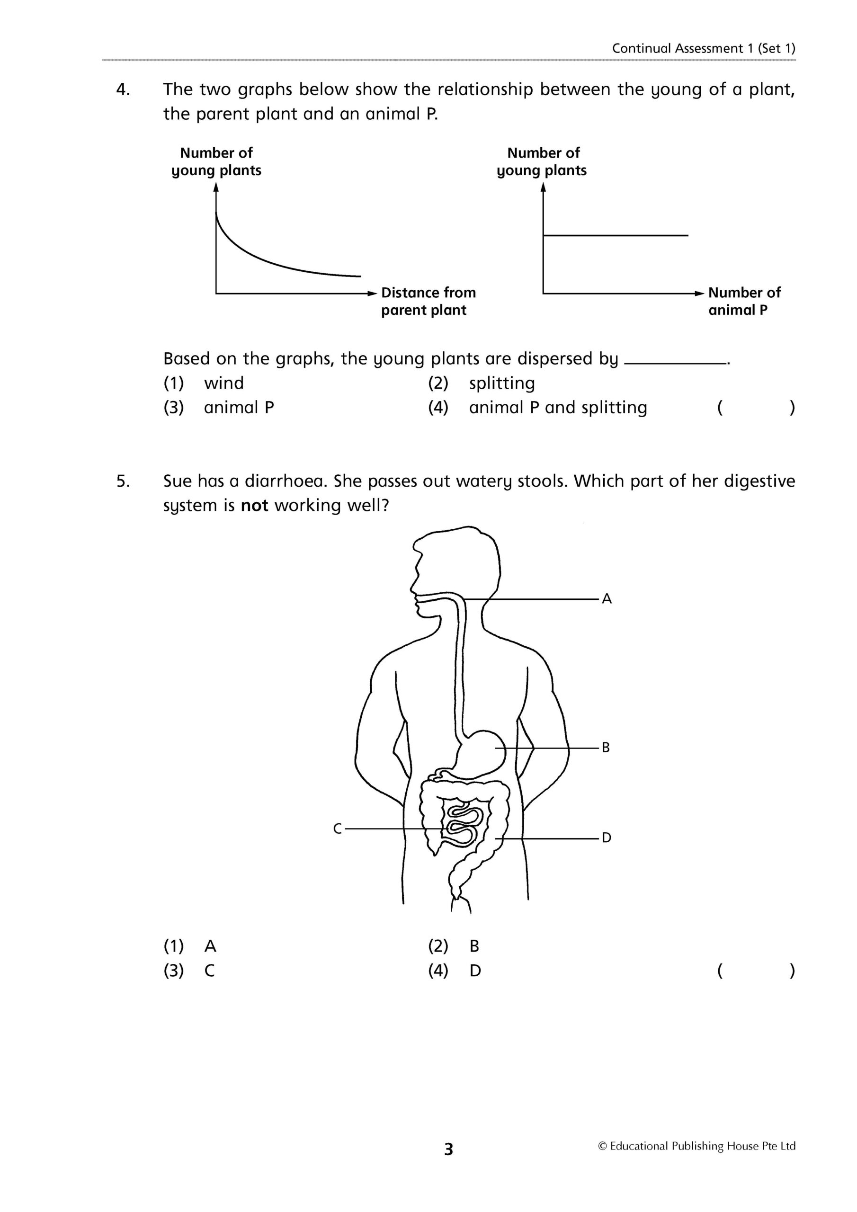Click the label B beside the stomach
(x=606, y=748)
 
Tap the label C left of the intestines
(x=338, y=829)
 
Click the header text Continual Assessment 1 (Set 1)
(x=703, y=49)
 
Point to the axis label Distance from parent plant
(x=428, y=301)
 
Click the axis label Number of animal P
(x=743, y=301)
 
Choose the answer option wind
(x=224, y=383)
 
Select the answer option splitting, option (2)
(x=501, y=383)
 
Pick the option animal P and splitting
(x=558, y=408)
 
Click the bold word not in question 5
(x=255, y=506)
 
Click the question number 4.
(x=123, y=90)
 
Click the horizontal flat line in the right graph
(x=615, y=235)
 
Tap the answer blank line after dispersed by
(x=675, y=363)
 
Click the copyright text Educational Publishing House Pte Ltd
(x=696, y=1146)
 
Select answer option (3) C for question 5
(x=210, y=970)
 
